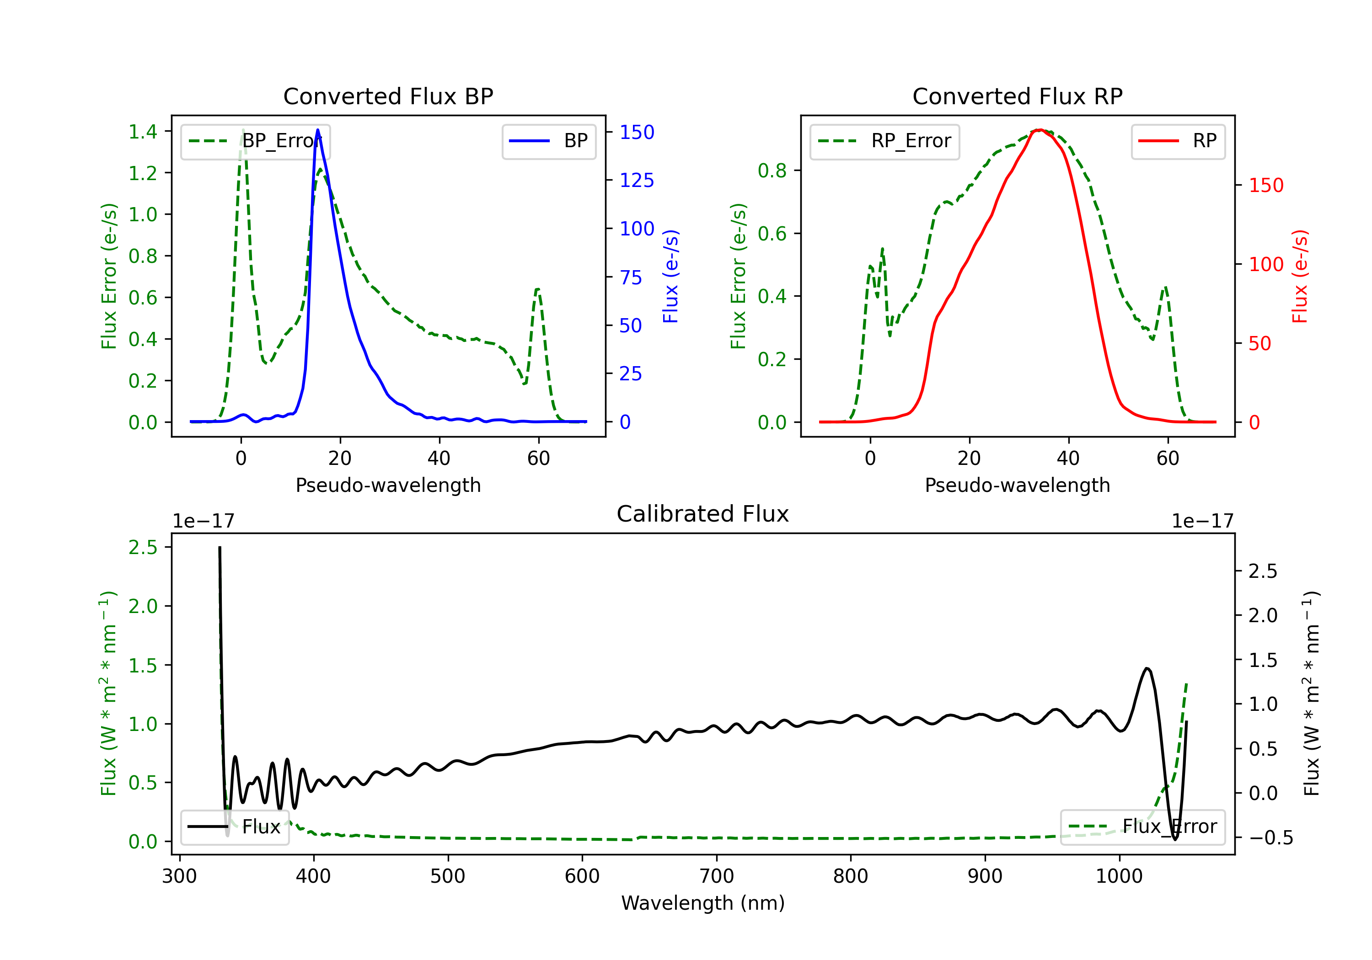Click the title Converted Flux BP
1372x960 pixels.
click(388, 96)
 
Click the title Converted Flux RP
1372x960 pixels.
click(1017, 96)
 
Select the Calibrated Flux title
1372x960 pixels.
click(703, 514)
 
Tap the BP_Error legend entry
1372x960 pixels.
click(255, 141)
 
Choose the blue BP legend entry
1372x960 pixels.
click(548, 141)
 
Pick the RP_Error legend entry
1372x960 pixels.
click(884, 141)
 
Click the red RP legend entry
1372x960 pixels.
click(1178, 141)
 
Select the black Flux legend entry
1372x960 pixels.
click(234, 827)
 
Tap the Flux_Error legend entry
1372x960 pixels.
click(1142, 827)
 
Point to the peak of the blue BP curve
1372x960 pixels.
click(317, 130)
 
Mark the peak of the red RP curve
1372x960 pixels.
click(1040, 130)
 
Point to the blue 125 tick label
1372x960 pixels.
click(637, 181)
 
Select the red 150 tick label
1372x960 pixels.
click(1266, 185)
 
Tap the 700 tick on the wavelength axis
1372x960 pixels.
click(717, 876)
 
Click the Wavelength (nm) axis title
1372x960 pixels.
click(703, 903)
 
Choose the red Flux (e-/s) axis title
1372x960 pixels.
click(1300, 276)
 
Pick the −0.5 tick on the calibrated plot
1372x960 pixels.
click(1271, 838)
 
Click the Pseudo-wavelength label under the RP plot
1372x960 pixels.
click(1017, 485)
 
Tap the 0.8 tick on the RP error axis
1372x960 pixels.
click(772, 171)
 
